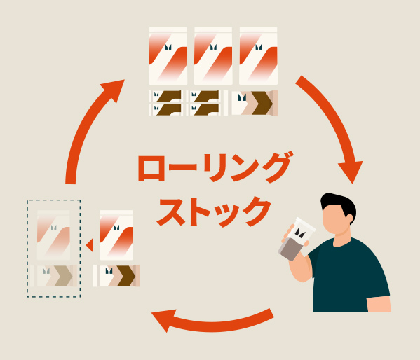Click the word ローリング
[215, 167]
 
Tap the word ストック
[213, 212]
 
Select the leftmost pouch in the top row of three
[168, 55]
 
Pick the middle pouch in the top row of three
[213, 55]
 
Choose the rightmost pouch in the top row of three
[258, 55]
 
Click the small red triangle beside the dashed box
[90, 244]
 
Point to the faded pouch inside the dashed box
[53, 235]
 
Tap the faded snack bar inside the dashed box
[53, 276]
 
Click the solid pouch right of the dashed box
[116, 235]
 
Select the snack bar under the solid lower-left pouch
[116, 276]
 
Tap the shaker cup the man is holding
[297, 240]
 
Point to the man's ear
[349, 219]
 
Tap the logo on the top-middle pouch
[213, 48]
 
